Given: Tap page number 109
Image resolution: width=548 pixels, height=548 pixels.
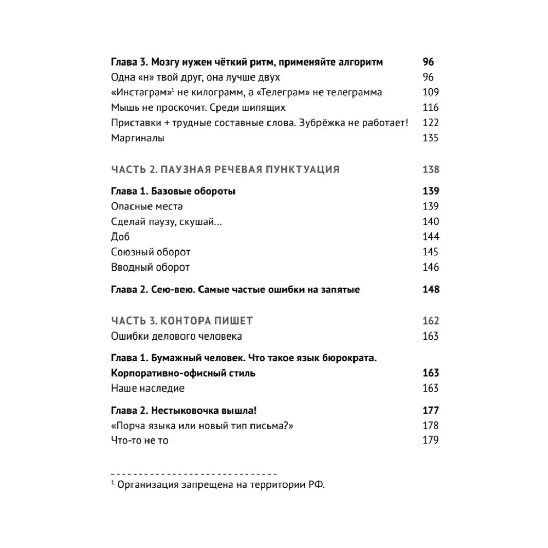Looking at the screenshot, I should (x=431, y=93).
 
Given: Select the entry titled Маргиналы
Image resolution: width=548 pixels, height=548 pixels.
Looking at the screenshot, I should (x=138, y=138).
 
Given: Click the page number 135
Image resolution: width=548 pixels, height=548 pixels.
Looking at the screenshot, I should (x=431, y=138).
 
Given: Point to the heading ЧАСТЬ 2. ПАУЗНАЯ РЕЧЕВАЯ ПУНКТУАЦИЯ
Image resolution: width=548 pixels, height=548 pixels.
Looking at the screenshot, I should (x=225, y=169).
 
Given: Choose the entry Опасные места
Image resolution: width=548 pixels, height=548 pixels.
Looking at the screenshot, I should (x=147, y=206).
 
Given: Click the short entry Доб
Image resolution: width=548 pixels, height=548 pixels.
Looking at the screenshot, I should (x=120, y=237).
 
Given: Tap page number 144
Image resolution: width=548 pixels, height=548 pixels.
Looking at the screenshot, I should (x=431, y=237).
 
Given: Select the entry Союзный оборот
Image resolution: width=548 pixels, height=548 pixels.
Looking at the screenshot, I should (x=151, y=252).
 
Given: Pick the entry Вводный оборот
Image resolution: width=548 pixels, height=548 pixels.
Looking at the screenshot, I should (x=150, y=267).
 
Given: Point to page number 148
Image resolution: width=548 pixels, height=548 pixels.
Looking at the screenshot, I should (x=431, y=289).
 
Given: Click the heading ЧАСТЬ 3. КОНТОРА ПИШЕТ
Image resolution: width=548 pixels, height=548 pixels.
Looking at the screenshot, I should (x=181, y=321).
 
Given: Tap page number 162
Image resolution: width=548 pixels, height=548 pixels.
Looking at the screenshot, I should (x=431, y=321).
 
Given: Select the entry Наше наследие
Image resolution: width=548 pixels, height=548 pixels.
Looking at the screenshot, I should (x=147, y=388).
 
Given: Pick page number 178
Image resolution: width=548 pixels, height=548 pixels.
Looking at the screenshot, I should (x=431, y=425).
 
